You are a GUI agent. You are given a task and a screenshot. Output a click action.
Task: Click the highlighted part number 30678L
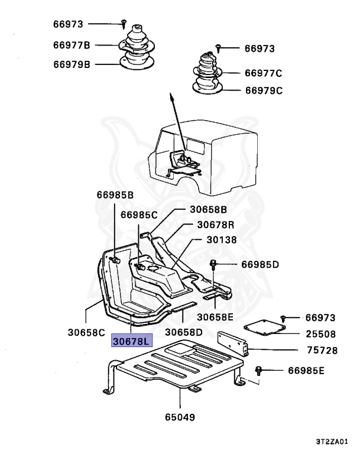pos(132,341)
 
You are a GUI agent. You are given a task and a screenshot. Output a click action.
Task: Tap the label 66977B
pos(71,45)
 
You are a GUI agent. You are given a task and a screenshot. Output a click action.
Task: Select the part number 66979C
pos(264,90)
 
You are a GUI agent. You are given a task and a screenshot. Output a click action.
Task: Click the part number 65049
pos(180,417)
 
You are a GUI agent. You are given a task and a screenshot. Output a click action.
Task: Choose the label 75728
pos(322,351)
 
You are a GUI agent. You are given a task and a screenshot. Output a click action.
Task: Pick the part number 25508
pos(322,334)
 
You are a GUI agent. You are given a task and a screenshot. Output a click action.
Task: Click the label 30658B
pos(208,209)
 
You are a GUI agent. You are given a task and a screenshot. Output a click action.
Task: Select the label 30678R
pos(216,225)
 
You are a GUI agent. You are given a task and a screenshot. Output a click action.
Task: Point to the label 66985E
pos(306,371)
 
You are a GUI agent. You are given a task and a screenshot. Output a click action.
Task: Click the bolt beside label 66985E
pos(259,370)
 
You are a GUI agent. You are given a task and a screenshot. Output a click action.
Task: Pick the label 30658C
pos(86,333)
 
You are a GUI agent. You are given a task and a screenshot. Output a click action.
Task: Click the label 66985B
pos(115,194)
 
